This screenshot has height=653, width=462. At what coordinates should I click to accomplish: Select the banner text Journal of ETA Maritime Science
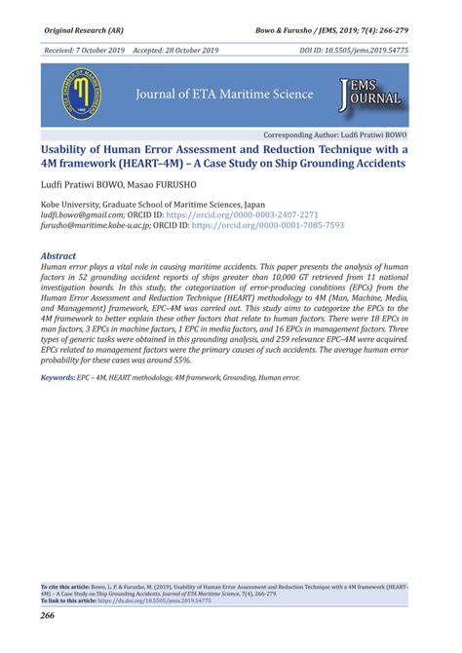(x=224, y=95)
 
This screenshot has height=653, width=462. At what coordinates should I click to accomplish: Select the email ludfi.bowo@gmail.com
(x=83, y=214)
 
